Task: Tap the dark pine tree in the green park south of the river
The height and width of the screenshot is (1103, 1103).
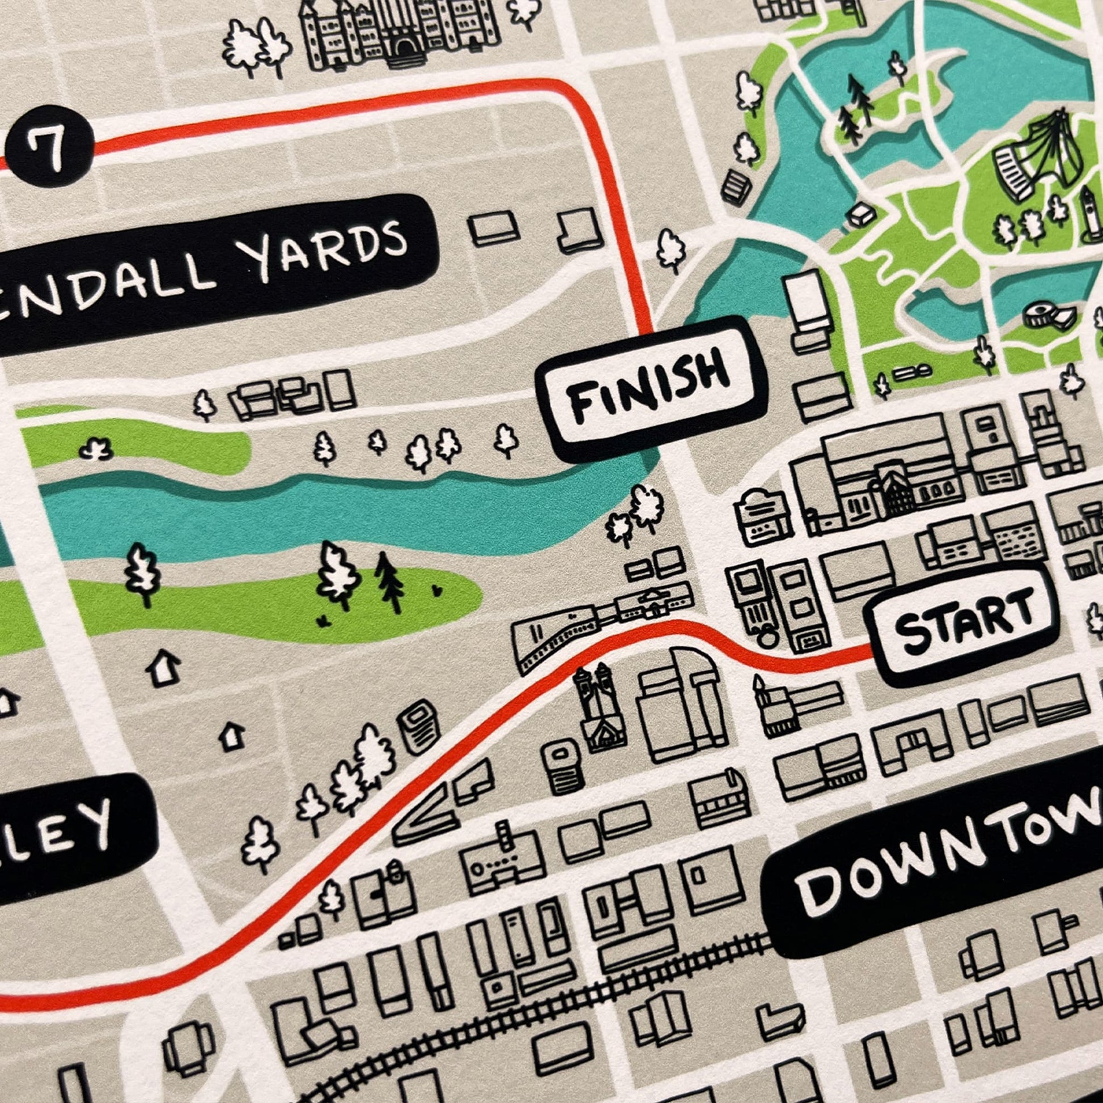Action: pos(389,582)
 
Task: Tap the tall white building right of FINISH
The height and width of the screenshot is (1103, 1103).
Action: pos(806,303)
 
